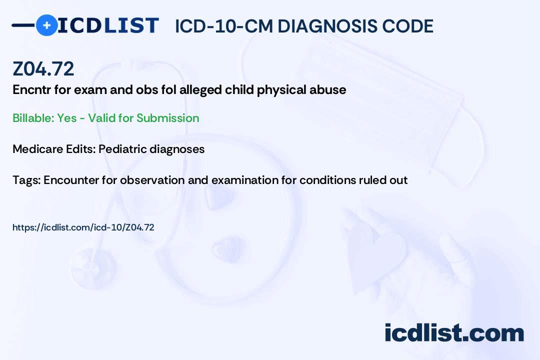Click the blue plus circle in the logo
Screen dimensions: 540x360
tap(46, 25)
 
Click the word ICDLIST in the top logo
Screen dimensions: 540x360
tap(108, 25)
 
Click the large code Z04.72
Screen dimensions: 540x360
tap(43, 68)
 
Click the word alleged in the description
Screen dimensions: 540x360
tap(200, 90)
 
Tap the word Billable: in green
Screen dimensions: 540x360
tap(33, 118)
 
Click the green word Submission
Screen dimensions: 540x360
tap(167, 118)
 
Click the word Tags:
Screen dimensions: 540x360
tap(26, 180)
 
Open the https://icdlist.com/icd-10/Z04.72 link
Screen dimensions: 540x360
tap(83, 227)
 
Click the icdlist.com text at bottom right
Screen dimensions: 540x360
tap(454, 332)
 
